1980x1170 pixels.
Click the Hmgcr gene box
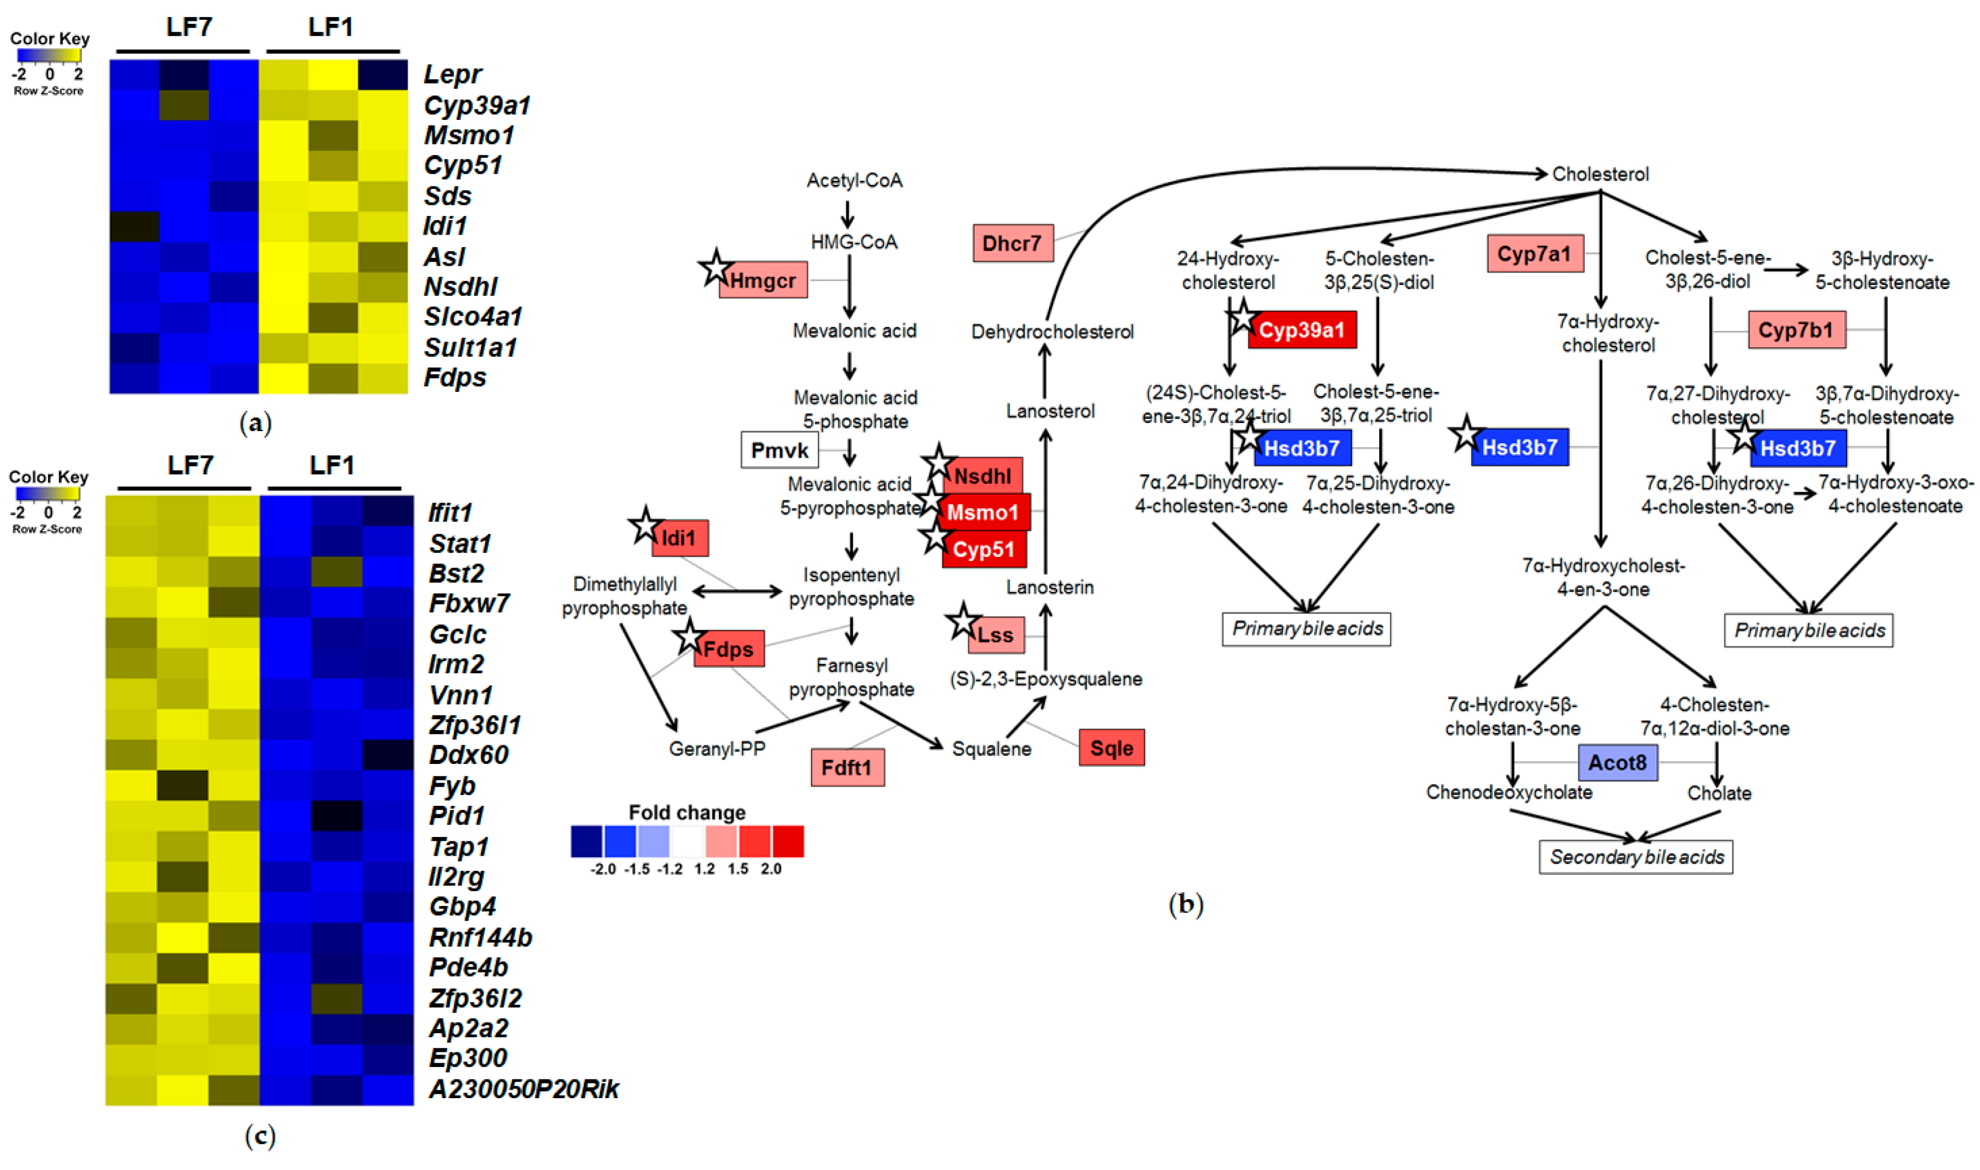click(x=762, y=280)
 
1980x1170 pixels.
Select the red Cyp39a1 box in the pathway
click(x=1302, y=330)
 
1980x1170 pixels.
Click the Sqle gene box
click(x=1111, y=748)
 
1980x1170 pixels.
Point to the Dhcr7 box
click(x=1012, y=244)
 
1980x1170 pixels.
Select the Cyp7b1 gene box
click(x=1796, y=330)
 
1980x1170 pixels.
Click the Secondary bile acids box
click(x=1636, y=857)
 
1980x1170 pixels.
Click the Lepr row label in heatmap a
click(x=452, y=74)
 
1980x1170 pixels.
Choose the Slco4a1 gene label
click(x=473, y=317)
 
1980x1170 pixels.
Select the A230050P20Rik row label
click(x=524, y=1089)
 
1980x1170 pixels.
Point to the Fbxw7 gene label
click(x=469, y=604)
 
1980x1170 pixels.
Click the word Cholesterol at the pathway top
click(x=1600, y=174)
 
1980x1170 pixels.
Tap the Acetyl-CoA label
click(x=854, y=180)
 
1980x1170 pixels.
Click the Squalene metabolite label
click(x=991, y=748)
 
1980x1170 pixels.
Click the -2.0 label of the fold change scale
click(x=603, y=869)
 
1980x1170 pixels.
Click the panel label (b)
click(x=1185, y=904)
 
